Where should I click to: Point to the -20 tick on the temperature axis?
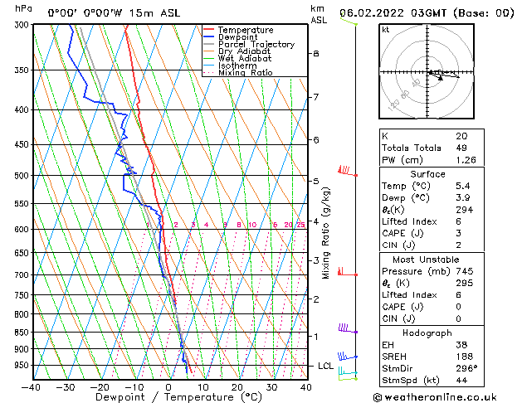100,386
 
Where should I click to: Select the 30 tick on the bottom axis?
271,386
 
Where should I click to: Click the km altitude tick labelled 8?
315,53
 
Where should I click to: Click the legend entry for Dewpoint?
237,37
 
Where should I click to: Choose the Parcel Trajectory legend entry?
256,45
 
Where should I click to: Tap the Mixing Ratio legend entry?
246,73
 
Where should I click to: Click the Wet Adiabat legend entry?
244,59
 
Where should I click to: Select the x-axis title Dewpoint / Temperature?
168,397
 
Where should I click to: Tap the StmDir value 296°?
466,368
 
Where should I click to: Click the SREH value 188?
463,356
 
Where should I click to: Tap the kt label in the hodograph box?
386,29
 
